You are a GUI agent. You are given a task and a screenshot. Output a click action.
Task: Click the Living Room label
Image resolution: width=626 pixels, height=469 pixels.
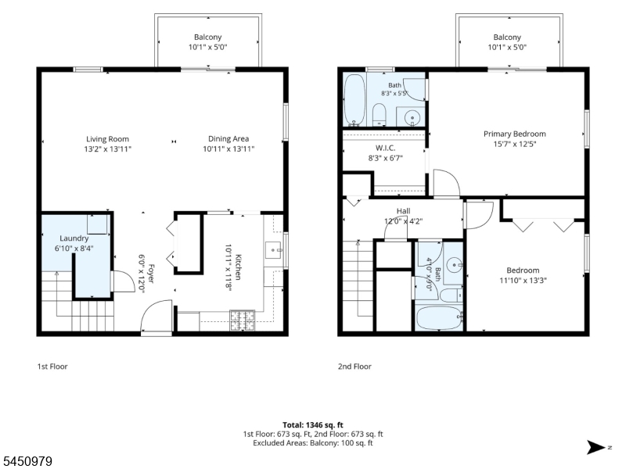tap(107, 139)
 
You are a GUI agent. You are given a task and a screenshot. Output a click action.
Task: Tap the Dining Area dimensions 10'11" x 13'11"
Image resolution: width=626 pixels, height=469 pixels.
tap(228, 149)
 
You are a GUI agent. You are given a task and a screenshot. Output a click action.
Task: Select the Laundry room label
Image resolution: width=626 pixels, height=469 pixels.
tap(74, 238)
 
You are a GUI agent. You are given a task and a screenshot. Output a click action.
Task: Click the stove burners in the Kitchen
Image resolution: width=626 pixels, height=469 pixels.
tap(242, 320)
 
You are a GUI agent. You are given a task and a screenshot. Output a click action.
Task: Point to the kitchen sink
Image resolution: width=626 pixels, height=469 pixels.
tap(274, 250)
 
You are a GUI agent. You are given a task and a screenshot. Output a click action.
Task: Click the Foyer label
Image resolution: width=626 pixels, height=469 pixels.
tap(151, 274)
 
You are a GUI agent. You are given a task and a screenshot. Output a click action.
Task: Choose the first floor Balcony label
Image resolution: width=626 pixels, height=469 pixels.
tap(207, 37)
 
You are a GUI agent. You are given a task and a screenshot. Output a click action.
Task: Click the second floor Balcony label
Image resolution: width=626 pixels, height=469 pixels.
tap(507, 37)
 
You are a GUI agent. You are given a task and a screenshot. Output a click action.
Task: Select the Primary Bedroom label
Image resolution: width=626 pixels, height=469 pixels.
tap(515, 134)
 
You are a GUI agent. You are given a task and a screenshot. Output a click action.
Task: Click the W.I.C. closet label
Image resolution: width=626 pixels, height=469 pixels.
tap(385, 148)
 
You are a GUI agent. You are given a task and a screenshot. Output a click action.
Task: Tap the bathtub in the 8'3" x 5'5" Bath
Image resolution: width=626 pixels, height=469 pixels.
tap(354, 99)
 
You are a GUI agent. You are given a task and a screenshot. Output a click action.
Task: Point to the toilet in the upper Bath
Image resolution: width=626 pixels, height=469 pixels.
tap(379, 114)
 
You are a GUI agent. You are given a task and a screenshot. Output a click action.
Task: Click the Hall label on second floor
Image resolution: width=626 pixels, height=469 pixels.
tap(403, 211)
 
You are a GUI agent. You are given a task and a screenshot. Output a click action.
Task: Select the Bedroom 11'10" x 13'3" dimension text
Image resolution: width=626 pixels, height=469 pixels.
tap(523, 281)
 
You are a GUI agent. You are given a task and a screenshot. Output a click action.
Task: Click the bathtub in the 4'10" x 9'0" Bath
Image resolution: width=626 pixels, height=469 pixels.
tap(439, 318)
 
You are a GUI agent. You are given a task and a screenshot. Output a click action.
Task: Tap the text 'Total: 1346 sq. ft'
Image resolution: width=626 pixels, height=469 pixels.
tap(313, 425)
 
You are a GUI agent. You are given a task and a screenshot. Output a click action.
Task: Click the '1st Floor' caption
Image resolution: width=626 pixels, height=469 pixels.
tap(52, 367)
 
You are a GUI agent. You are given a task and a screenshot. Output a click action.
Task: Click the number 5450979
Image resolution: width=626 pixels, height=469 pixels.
tap(26, 461)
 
